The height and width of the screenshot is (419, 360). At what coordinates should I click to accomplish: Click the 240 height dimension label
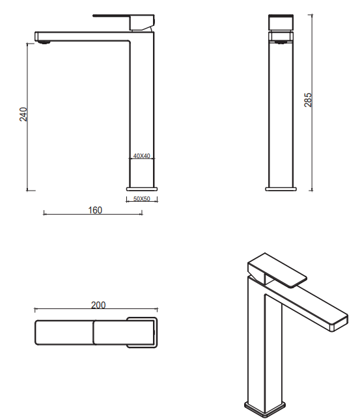click(x=23, y=115)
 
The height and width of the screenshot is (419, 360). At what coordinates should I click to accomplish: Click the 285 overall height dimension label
click(x=308, y=100)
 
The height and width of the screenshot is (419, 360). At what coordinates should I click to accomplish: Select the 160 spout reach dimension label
click(x=95, y=210)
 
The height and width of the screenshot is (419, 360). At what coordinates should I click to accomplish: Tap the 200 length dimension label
click(x=98, y=305)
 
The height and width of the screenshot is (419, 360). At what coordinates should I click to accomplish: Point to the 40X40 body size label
click(x=141, y=155)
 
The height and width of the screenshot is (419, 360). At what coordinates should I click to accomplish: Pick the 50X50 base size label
click(x=141, y=199)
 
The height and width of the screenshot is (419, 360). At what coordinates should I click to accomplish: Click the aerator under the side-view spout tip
click(x=44, y=42)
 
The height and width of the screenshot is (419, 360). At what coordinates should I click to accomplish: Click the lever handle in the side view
click(x=124, y=22)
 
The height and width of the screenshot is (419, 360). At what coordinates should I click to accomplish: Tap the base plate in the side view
click(x=142, y=189)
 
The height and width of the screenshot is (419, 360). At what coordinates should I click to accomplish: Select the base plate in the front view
click(x=281, y=189)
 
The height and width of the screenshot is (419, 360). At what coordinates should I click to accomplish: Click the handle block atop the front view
click(x=281, y=22)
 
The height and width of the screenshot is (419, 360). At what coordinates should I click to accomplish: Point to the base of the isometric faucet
click(x=265, y=409)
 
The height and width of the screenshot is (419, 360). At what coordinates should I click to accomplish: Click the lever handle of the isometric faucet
click(x=277, y=271)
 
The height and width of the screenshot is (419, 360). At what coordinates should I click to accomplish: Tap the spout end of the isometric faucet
click(x=340, y=323)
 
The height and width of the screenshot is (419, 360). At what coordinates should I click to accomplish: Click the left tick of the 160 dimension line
click(x=44, y=213)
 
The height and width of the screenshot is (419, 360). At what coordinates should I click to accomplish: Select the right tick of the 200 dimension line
click(x=158, y=310)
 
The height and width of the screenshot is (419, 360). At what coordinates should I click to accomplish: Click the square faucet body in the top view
click(x=142, y=332)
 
